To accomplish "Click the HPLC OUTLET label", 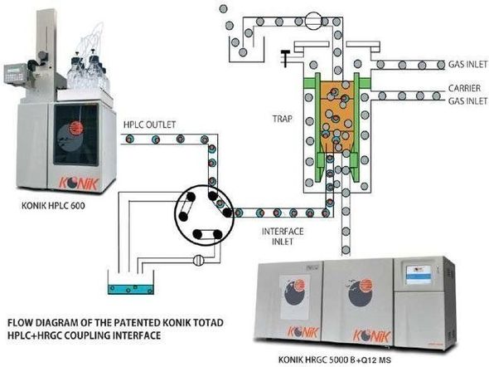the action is (x=149, y=125).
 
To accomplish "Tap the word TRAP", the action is (x=283, y=119).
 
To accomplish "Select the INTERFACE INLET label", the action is (x=283, y=237).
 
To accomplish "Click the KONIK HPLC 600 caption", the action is (x=53, y=206).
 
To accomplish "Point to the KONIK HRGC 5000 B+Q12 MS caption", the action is (x=334, y=360).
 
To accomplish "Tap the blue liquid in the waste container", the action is (x=131, y=289).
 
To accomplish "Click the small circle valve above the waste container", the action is (x=199, y=260).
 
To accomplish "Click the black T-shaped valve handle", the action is (x=285, y=58).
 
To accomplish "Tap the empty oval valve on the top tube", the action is (x=313, y=21).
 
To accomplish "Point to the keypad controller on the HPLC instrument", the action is (x=15, y=73).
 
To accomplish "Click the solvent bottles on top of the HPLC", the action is (x=88, y=73).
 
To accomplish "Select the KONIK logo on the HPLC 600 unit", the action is (x=79, y=183).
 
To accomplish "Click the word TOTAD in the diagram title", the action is (x=207, y=322).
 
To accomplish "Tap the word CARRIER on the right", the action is (x=464, y=88).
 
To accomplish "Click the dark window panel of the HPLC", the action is (x=76, y=135).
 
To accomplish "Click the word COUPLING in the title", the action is (x=83, y=335).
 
